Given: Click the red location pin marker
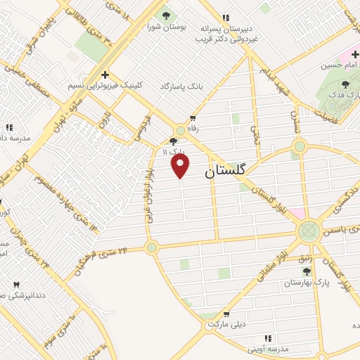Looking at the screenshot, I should click(x=181, y=166).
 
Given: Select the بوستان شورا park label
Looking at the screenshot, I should click(x=166, y=27).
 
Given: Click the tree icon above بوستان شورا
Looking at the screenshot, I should click(x=166, y=15).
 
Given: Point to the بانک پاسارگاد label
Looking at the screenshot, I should click(x=181, y=86).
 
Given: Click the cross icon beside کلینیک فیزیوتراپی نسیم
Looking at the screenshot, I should click(x=105, y=74).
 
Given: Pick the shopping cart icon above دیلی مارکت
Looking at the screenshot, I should click(x=226, y=314).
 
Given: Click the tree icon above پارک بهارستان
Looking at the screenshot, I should click(x=307, y=271).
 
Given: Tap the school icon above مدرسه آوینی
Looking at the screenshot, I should click(x=268, y=338).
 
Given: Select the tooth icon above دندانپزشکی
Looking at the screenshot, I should click(x=17, y=284).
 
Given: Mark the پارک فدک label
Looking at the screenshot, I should click(x=345, y=94).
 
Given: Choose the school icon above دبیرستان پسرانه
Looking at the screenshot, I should click(x=226, y=18).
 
